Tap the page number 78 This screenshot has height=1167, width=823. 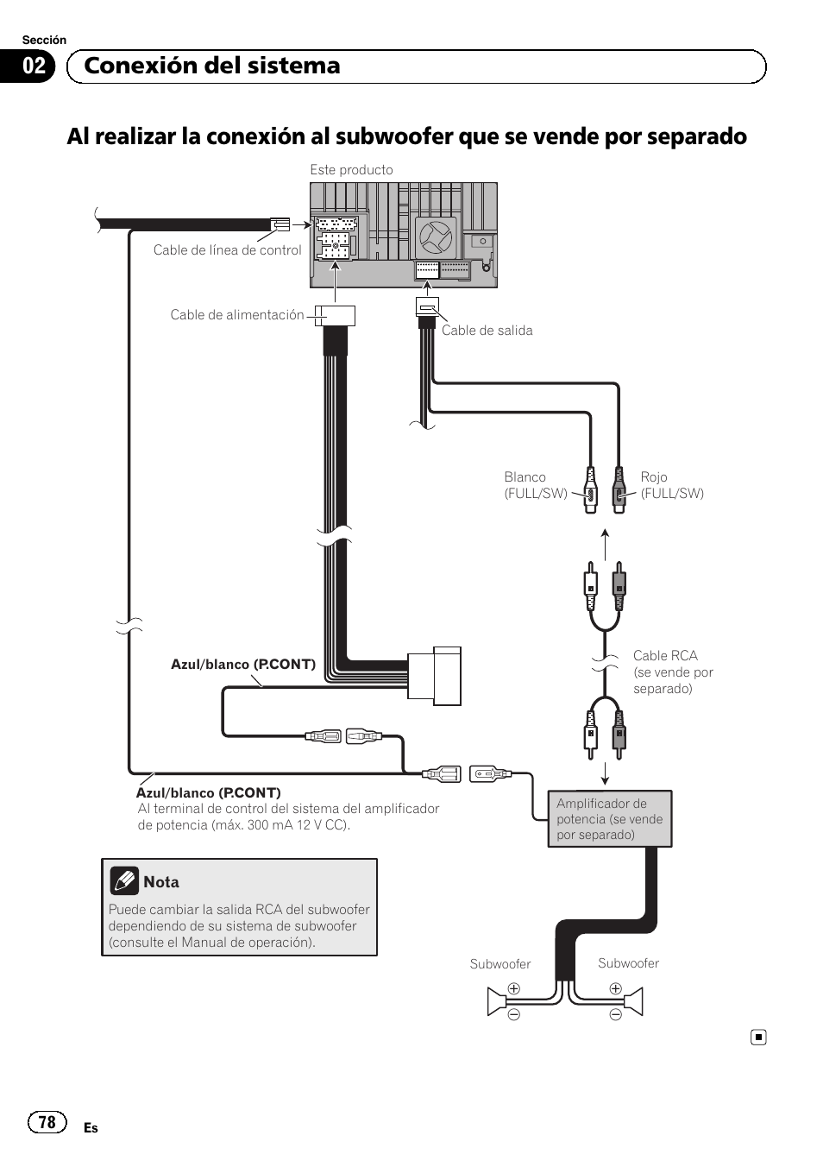pos(47,1121)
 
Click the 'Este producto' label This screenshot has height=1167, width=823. pos(351,170)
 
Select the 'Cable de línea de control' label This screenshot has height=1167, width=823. pos(227,250)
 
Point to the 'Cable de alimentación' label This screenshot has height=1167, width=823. pos(236,315)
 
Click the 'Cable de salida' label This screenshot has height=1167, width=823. pos(487,331)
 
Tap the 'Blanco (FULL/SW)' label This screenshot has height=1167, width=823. pos(535,485)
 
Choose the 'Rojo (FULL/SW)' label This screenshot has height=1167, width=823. pos(672,485)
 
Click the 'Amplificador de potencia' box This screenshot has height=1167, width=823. pos(609,818)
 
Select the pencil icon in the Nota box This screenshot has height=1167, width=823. pos(124,880)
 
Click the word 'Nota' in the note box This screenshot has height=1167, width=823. pos(161,882)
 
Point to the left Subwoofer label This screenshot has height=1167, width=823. pos(499,964)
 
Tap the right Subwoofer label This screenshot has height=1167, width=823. pos(628,963)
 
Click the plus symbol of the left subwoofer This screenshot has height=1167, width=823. pos(513,989)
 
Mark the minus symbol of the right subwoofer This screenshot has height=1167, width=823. pos(615,1015)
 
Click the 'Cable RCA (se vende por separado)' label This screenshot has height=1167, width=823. pos(673,672)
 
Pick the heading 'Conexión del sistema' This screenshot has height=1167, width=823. pos(212,66)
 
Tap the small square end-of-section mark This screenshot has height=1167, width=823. pos(757,1037)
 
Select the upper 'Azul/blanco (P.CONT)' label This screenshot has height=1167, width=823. pos(242,665)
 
